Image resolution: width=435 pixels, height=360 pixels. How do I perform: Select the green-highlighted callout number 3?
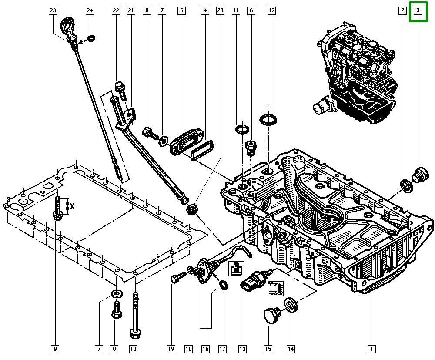pos(418,10)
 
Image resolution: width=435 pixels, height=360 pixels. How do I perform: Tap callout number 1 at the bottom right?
pos(371,348)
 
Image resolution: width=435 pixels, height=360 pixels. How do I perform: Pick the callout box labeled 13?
pos(242,348)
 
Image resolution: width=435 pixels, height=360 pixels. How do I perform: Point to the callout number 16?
pos(205,348)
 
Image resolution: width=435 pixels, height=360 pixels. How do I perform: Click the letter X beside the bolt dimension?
pos(72,206)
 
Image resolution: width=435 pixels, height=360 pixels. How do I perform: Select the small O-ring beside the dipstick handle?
pos(90,39)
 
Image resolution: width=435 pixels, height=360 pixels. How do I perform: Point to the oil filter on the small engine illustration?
pos(323,106)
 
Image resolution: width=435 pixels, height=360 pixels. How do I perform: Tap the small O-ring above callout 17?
pos(223,285)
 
